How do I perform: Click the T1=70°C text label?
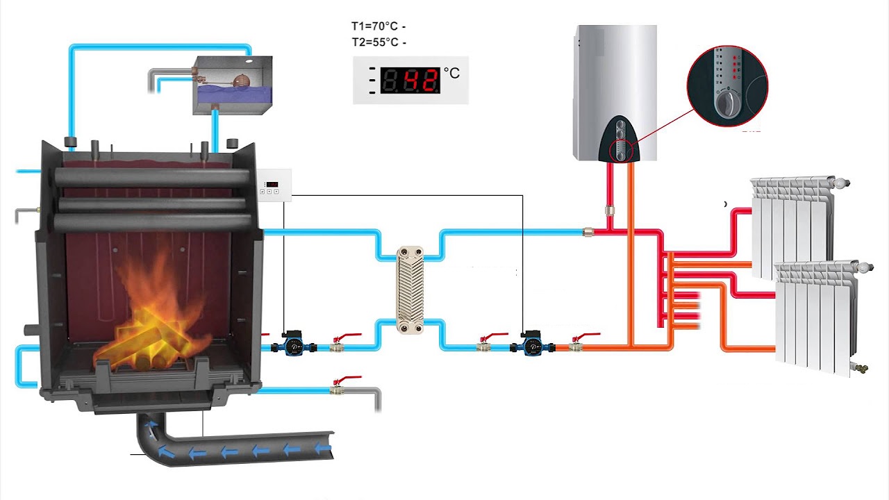[375, 26]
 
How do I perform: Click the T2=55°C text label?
[375, 42]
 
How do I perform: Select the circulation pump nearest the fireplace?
[293, 344]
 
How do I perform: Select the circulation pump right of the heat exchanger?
[533, 344]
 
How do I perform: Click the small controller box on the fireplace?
[274, 185]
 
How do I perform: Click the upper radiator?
[792, 226]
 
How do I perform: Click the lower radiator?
[816, 316]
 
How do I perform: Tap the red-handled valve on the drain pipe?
[338, 387]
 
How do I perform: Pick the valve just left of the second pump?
[485, 344]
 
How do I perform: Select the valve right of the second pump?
[576, 344]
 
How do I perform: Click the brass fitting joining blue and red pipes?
[588, 232]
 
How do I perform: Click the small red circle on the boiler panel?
[620, 151]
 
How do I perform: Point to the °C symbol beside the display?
[451, 73]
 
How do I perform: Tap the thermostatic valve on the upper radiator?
[842, 183]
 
